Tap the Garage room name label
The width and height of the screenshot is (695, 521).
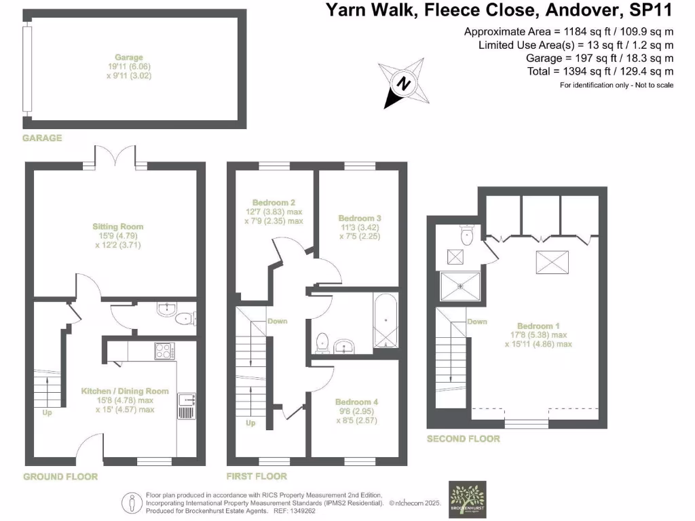coord(129,58)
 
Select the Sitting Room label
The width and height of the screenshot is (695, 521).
coord(118,226)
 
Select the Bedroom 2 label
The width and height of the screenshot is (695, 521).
coord(274,202)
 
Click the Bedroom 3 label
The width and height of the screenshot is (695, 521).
coord(360,218)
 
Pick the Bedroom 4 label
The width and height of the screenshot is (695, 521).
coord(356,402)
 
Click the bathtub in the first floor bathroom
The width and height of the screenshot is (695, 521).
coord(385,321)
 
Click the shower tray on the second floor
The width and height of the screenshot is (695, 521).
coord(460,286)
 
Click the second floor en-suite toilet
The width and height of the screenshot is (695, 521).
coord(466,235)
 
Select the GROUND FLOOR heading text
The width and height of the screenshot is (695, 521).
coord(60,476)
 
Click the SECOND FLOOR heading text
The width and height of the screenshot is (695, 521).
coord(463,439)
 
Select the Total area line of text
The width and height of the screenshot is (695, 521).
coord(600,71)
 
